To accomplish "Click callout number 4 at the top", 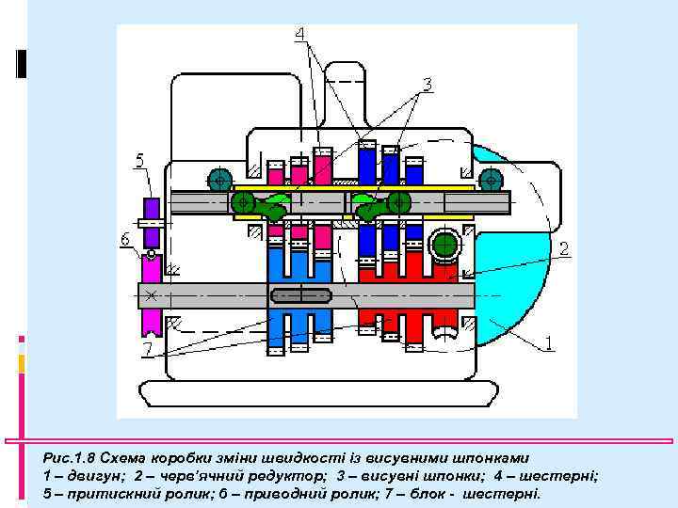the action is pos(299,35).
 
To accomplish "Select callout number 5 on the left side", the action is pos(138,161).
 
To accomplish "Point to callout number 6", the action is pos(125,240).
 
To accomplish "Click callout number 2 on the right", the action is pos(563,248).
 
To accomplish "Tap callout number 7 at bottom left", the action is pos(147,351).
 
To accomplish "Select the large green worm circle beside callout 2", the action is pos(444,246).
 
